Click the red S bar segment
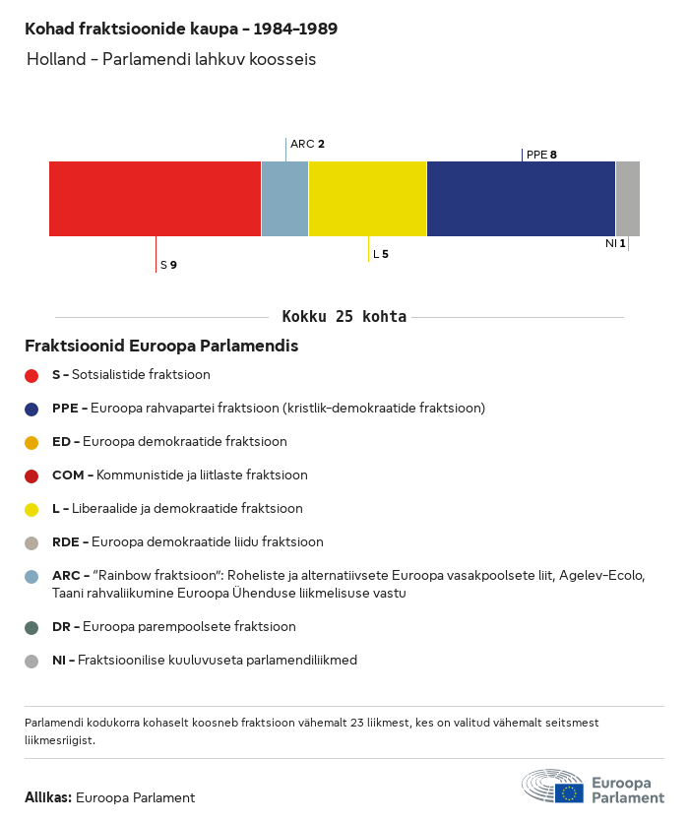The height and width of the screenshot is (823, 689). (155, 198)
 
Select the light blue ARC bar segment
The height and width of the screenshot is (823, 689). (284, 198)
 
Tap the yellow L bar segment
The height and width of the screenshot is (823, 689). (367, 198)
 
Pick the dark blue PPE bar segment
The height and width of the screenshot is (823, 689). (521, 198)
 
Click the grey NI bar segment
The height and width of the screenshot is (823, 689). (627, 198)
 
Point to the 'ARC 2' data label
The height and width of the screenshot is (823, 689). (307, 144)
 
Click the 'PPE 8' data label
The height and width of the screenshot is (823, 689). (541, 155)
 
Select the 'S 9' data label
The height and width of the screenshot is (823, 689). (168, 265)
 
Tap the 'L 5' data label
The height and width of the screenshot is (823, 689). (380, 254)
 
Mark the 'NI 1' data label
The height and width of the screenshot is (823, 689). (615, 243)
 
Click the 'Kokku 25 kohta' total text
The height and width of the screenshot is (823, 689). (344, 317)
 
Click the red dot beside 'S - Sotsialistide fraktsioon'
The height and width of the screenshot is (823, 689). (31, 375)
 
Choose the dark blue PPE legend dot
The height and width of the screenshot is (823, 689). (31, 409)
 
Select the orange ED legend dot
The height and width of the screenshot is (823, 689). (31, 442)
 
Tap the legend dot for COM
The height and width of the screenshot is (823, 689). (31, 475)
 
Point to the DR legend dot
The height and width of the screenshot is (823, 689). (31, 627)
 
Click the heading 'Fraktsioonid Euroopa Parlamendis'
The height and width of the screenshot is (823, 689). (161, 347)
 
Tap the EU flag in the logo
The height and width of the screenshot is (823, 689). (569, 792)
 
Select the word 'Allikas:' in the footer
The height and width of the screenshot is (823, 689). (48, 798)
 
